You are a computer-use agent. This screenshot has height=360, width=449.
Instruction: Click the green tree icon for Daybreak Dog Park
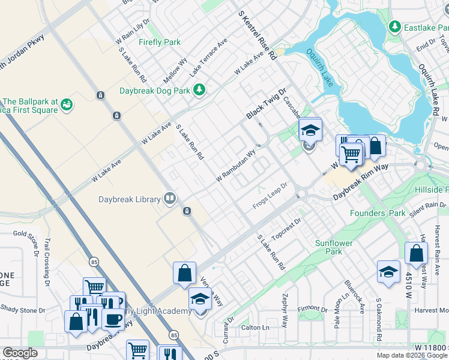(x=199, y=91)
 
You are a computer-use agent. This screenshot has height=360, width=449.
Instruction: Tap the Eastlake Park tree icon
(x=395, y=26)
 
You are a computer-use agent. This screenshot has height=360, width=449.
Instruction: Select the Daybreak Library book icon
(x=170, y=199)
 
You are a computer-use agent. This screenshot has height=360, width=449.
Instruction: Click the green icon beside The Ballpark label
(x=67, y=106)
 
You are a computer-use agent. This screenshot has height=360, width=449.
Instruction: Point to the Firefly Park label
(x=159, y=43)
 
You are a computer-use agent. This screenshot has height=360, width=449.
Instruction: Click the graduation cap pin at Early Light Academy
(x=200, y=299)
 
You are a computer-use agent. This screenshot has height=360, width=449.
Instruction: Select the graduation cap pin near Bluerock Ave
(x=388, y=271)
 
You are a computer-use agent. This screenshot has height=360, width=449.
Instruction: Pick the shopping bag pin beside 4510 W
(x=416, y=253)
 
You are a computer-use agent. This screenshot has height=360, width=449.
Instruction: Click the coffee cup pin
(x=112, y=319)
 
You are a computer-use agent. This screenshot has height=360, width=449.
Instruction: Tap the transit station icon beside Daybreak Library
(x=187, y=211)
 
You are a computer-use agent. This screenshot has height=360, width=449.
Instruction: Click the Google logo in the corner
(x=19, y=353)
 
